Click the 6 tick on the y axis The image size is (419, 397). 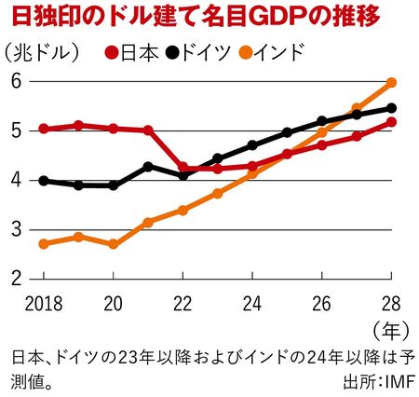tap(16, 82)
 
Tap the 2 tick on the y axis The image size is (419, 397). tap(16, 278)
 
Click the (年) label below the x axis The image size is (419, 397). tap(388, 328)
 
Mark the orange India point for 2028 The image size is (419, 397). tap(392, 83)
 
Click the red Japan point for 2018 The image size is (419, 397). tap(44, 129)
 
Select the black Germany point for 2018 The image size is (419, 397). tap(44, 180)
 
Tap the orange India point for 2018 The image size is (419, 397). tap(44, 243)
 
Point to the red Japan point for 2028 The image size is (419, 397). tap(392, 122)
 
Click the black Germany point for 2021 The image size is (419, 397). tap(148, 166)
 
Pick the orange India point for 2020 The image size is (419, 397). tap(114, 244)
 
